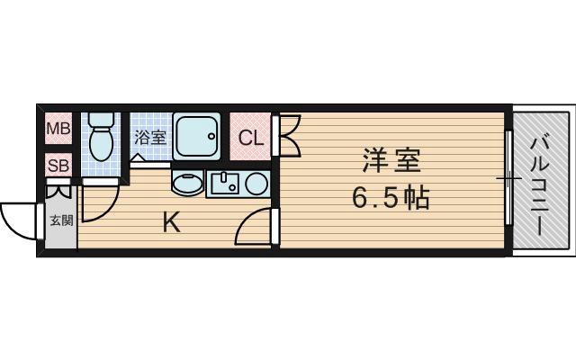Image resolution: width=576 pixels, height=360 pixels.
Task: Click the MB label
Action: click(58, 129)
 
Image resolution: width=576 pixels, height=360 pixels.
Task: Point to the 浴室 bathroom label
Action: click(150, 138)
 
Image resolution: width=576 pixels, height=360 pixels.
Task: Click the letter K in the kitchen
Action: click(170, 221)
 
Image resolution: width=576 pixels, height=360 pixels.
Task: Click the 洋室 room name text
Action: click(391, 162)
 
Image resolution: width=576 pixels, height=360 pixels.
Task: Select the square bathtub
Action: click(197, 136)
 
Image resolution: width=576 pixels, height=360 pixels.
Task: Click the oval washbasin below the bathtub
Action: click(187, 183)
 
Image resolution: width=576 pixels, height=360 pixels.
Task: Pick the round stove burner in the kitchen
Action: click(256, 184)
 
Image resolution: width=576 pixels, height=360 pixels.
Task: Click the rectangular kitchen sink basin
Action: click(224, 184)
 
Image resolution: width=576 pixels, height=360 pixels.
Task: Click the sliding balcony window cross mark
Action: click(509, 180)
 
